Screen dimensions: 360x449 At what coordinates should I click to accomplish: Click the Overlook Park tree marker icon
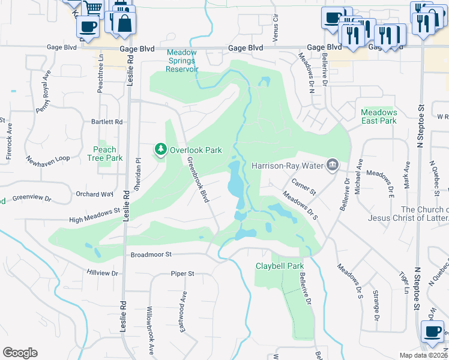coord(160,149)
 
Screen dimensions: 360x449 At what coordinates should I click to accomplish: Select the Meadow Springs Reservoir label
coord(182,61)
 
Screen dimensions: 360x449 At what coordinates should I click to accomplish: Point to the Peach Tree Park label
coord(104,154)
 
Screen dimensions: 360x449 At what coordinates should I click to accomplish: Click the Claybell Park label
coord(280,266)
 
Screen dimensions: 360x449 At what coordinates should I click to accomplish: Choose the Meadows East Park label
coord(379,116)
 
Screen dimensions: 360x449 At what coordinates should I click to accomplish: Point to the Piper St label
coord(182,274)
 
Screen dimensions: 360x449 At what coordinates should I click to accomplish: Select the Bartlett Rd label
coord(107,122)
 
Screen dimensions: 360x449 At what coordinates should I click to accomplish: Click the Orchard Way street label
coord(95,194)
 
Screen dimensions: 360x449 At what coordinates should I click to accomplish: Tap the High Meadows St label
coord(94,215)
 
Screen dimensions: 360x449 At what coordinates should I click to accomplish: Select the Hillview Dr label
coord(103,272)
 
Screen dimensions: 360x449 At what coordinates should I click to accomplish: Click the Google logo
coord(20,353)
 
